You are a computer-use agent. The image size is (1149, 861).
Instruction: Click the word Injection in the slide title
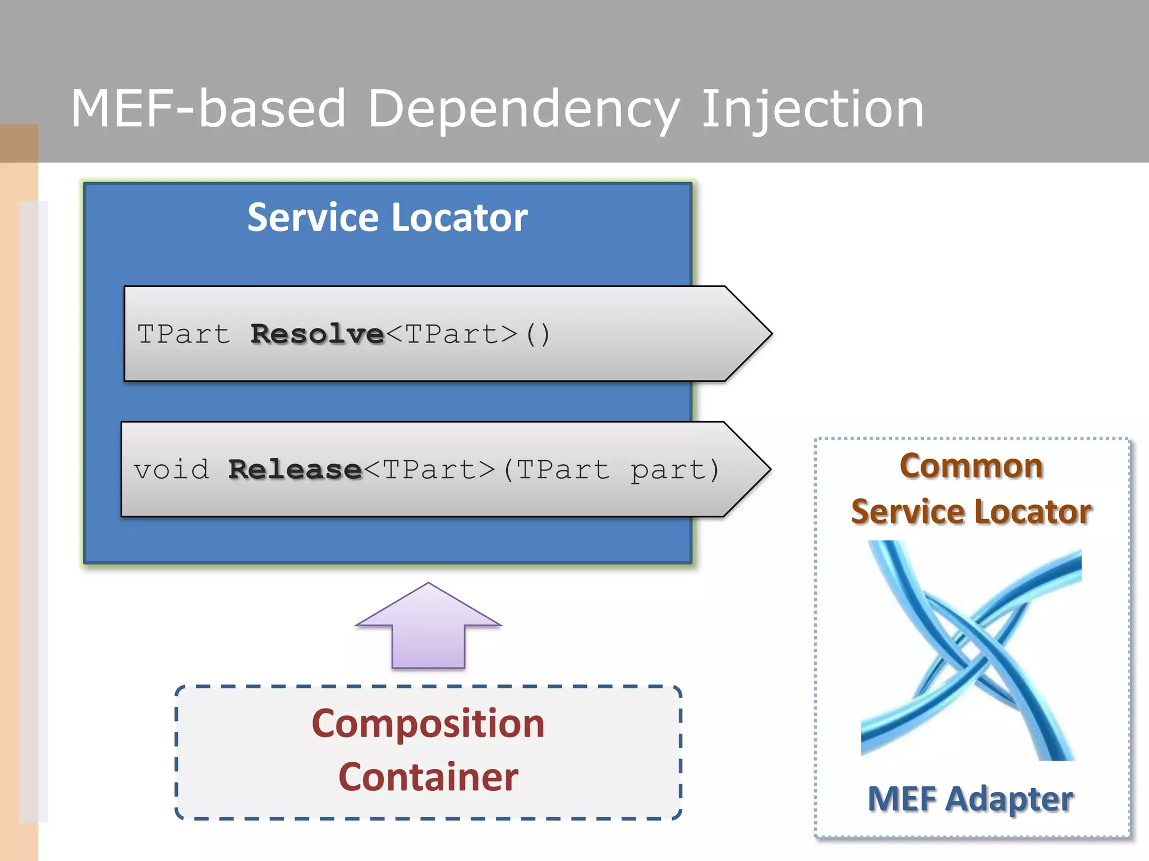[812, 109]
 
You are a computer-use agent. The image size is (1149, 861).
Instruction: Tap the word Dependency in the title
[523, 109]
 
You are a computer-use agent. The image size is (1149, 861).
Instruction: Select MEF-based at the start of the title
[208, 109]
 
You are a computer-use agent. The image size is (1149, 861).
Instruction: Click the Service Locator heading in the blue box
[387, 217]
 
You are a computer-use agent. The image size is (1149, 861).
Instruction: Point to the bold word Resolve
[317, 334]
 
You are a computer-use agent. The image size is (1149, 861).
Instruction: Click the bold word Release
[295, 470]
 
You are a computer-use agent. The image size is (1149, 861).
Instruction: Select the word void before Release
[171, 470]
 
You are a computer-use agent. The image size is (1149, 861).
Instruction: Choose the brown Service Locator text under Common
[971, 512]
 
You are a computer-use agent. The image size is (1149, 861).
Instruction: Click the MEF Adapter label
[970, 798]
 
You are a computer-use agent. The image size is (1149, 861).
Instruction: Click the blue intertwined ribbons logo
[971, 650]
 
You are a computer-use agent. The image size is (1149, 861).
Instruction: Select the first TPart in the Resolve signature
[183, 334]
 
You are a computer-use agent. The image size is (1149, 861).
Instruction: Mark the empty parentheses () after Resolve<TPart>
[537, 334]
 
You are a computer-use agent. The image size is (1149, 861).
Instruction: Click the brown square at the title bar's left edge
[19, 143]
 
